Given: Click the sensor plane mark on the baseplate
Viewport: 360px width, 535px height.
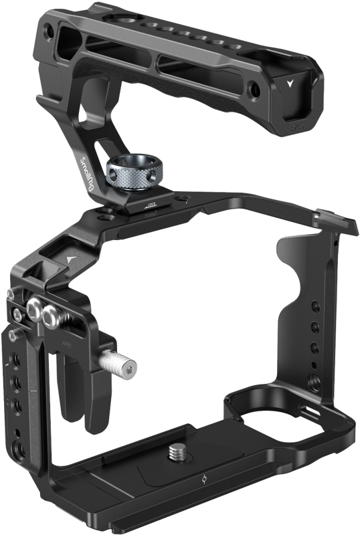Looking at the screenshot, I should coord(203,479).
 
